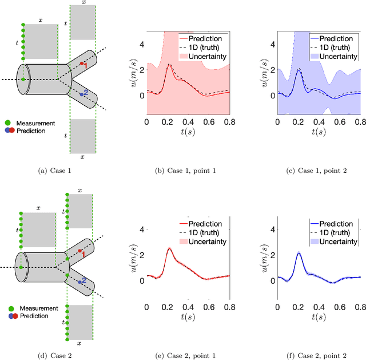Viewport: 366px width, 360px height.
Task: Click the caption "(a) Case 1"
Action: [54, 170]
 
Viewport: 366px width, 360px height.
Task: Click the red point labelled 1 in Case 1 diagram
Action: [82, 64]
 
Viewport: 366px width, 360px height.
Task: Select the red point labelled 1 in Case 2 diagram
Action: [81, 252]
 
